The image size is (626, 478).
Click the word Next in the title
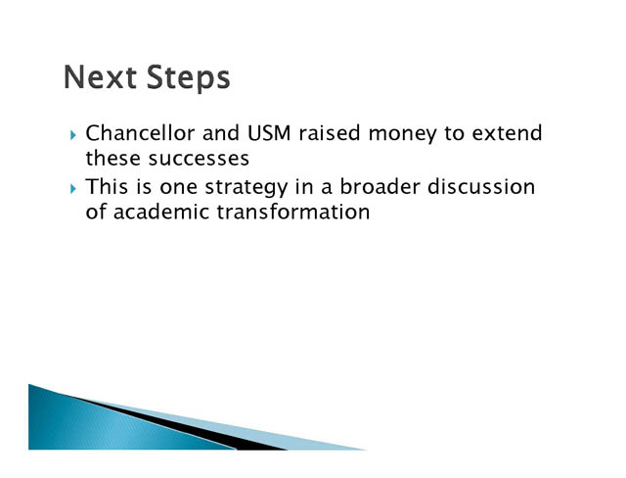point(100,76)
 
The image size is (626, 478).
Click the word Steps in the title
point(189,78)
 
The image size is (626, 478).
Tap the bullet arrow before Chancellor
point(72,135)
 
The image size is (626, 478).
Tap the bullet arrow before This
point(72,189)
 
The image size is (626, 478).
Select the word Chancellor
point(140,133)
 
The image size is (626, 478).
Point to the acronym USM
point(269,133)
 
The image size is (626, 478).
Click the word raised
point(330,133)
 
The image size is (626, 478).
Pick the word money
point(402,135)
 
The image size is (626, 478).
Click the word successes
point(199,160)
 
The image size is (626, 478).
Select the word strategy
point(246,189)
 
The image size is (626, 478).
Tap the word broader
point(380,187)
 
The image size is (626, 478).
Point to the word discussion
point(481,187)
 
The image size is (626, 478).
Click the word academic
point(161,212)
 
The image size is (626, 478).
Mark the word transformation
point(293,212)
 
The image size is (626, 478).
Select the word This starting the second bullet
point(107,187)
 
